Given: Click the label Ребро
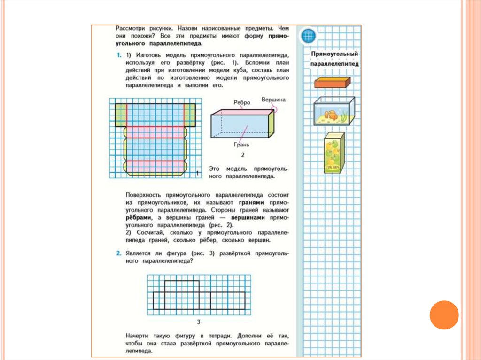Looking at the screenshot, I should coord(241,102).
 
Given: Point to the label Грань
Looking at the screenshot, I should coord(241,145).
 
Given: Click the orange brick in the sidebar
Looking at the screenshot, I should coord(333,83).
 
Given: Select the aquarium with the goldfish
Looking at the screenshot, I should coord(334,111).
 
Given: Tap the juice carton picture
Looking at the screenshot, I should coord(334,153).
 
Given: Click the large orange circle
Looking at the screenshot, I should coord(444,315).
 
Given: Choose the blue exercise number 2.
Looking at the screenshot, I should coord(119,254).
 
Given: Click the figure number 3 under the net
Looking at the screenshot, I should coord(199,322).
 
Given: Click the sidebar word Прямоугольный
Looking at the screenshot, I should coord(334,55).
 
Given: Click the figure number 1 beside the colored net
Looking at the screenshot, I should coord(198,173).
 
